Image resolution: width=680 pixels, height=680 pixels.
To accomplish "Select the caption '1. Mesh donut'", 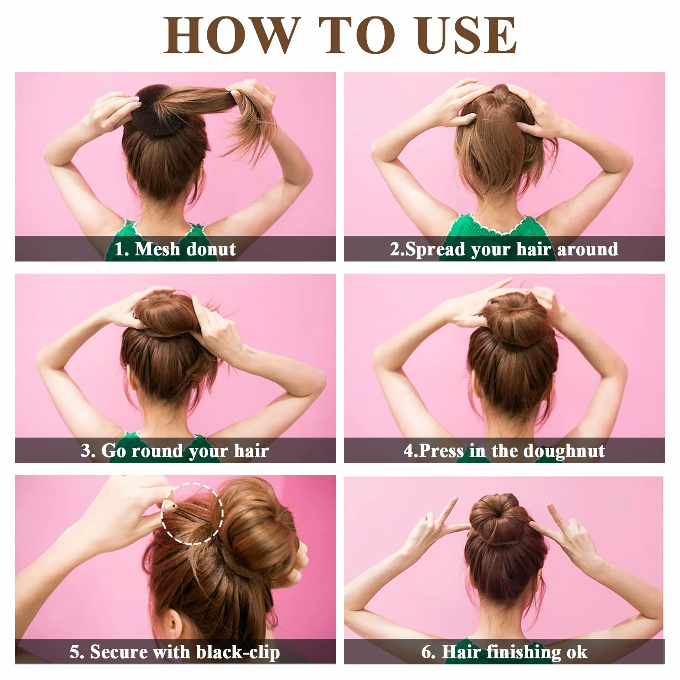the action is [x=175, y=249].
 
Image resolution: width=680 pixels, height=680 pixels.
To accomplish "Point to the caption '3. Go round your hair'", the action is [x=175, y=451].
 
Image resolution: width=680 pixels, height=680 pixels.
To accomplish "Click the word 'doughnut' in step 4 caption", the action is [x=564, y=451].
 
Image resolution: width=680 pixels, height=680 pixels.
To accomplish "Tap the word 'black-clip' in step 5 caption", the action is [x=238, y=652].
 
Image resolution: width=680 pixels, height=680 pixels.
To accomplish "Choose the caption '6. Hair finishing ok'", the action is [x=504, y=652].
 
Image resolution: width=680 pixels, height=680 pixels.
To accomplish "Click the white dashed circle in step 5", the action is [x=162, y=514].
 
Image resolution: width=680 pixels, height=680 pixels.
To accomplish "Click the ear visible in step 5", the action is [x=173, y=624].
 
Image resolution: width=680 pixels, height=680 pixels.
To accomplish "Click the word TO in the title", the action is [x=356, y=35].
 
